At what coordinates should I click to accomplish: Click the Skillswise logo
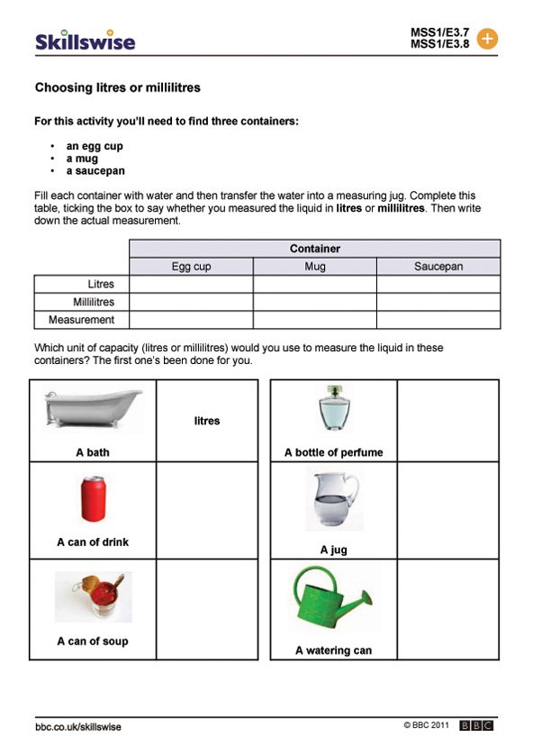pyautogui.click(x=85, y=41)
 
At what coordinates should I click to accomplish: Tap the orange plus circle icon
pyautogui.click(x=486, y=39)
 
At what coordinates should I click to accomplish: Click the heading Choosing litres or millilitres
pyautogui.click(x=117, y=88)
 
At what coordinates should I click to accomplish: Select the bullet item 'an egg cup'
pyautogui.click(x=95, y=146)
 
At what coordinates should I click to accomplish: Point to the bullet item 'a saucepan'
pyautogui.click(x=95, y=170)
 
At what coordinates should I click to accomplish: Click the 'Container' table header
pyautogui.click(x=314, y=249)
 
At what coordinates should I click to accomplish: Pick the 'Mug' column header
pyautogui.click(x=314, y=267)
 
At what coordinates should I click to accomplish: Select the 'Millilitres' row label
pyautogui.click(x=94, y=302)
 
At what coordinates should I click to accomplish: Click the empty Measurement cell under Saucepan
pyautogui.click(x=438, y=320)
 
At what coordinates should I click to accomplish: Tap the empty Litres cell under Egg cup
pyautogui.click(x=191, y=285)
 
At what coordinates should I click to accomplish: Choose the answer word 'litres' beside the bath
pyautogui.click(x=207, y=421)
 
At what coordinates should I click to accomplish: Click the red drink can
pyautogui.click(x=94, y=499)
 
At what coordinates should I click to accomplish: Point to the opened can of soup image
pyautogui.click(x=93, y=597)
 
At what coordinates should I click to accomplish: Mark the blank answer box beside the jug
pyautogui.click(x=447, y=511)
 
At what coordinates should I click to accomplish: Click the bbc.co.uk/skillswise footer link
pyautogui.click(x=78, y=726)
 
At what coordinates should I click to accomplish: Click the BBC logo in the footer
pyautogui.click(x=477, y=725)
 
